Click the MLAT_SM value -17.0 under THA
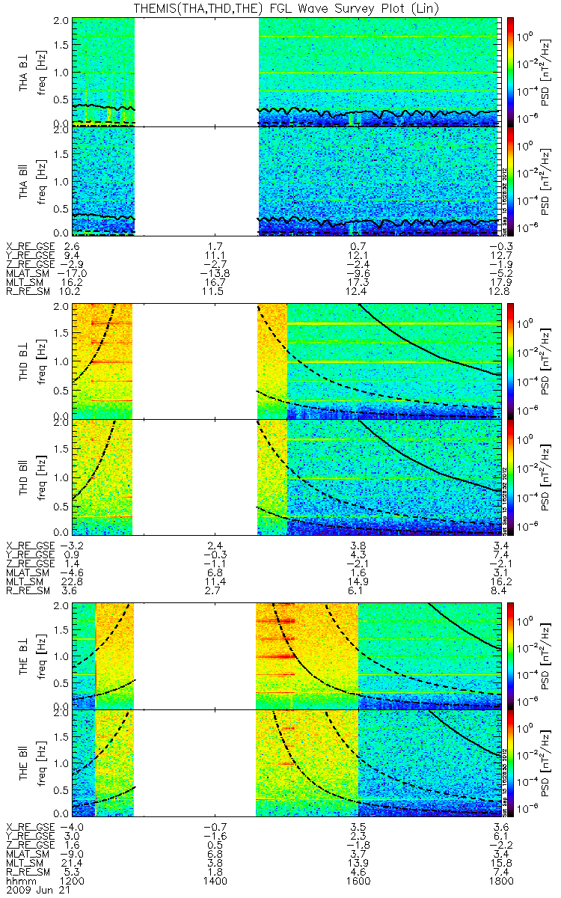pyautogui.click(x=73, y=275)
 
